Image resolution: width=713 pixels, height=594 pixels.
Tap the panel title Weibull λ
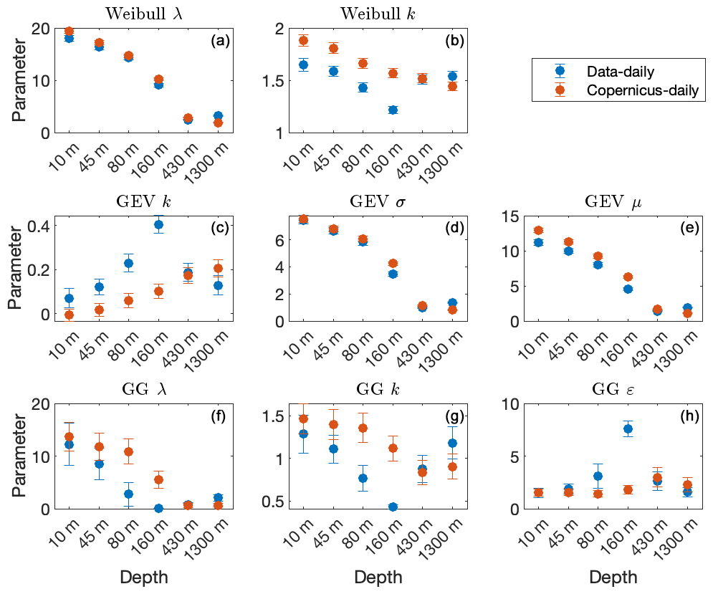144,14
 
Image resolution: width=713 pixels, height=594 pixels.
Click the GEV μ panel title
613,201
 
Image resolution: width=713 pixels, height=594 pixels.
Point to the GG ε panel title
613,389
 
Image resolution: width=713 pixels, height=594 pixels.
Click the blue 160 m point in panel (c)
158,224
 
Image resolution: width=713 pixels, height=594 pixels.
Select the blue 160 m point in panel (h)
628,428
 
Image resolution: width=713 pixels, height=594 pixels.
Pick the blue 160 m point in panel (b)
393,110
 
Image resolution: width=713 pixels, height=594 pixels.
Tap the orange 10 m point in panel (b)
303,40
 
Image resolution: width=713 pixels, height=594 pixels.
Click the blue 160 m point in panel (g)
393,507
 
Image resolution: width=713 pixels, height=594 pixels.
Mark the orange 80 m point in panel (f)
129,451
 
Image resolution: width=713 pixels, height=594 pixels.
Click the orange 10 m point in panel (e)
538,230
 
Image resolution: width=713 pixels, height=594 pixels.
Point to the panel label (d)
455,228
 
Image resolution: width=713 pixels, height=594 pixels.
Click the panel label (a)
220,41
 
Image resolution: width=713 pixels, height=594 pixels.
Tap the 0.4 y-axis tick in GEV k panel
38,226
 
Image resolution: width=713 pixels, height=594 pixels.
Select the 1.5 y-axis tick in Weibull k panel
273,81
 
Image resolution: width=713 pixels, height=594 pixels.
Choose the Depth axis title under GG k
378,578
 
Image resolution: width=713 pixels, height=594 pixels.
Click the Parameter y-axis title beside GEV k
16,269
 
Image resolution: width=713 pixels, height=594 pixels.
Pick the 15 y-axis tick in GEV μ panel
509,216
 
